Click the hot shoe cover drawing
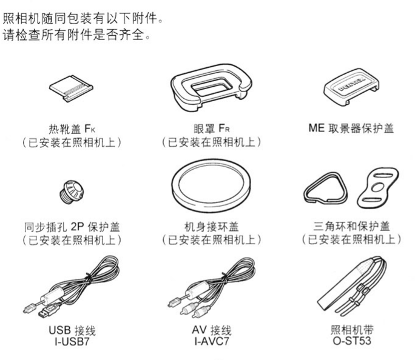(71, 88)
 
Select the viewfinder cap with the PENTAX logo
(351, 87)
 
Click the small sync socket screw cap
(72, 192)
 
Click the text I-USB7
(72, 341)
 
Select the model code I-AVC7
(212, 341)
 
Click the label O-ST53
(352, 341)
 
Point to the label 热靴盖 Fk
(72, 129)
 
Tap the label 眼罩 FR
(212, 128)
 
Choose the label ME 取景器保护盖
(351, 128)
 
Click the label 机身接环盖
(212, 227)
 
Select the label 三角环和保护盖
(352, 226)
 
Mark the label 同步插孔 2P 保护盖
(72, 227)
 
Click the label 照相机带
(352, 330)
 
